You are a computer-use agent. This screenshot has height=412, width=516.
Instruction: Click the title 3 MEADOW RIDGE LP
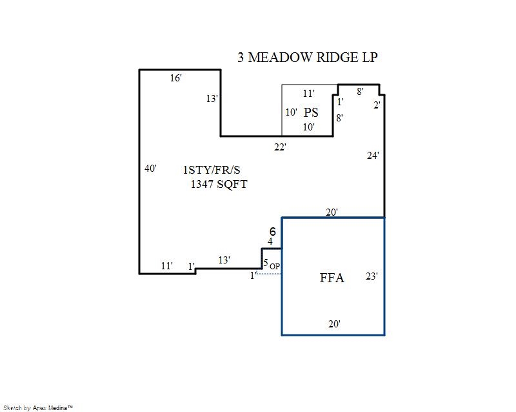[307, 57]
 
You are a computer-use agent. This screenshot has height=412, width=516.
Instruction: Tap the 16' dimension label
[175, 78]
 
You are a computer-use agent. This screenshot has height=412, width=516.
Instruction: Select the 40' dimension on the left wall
[150, 169]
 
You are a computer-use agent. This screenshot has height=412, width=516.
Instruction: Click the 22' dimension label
[280, 147]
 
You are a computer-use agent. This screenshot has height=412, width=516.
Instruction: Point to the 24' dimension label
[373, 156]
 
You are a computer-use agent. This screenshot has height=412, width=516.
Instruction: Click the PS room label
[312, 112]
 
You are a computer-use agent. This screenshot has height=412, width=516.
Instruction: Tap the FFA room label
[332, 278]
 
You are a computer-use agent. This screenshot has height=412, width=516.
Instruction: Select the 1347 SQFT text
[219, 184]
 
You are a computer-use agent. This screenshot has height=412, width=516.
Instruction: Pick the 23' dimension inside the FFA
[372, 276]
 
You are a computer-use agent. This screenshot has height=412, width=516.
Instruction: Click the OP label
[275, 266]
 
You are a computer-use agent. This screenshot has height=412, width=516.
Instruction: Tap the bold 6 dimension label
[272, 231]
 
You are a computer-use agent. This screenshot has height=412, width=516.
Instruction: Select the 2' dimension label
[377, 105]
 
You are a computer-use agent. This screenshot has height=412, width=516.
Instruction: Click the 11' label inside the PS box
[309, 94]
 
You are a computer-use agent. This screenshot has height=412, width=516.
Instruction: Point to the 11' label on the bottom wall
[167, 265]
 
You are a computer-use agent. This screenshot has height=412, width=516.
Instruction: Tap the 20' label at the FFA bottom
[333, 324]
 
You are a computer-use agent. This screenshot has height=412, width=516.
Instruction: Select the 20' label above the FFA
[332, 212]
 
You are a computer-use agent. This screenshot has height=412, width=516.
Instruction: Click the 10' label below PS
[309, 127]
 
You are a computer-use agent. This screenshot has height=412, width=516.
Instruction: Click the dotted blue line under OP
[270, 274]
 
